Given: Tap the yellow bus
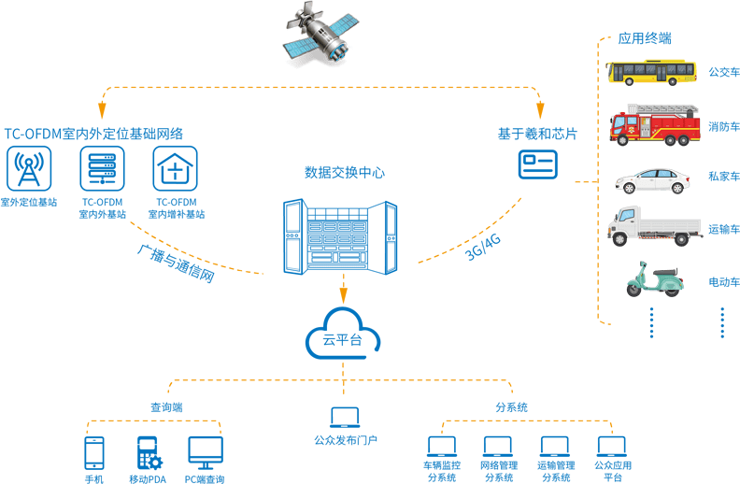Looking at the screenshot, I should [x=651, y=72].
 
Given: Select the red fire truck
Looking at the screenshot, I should [x=654, y=125].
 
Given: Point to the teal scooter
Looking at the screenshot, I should [x=654, y=278].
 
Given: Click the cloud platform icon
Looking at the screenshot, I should [x=342, y=337].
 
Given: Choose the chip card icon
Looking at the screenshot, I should [x=536, y=164].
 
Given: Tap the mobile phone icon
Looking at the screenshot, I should [x=94, y=453].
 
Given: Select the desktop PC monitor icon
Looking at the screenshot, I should [x=206, y=452].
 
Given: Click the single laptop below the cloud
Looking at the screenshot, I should [x=344, y=418].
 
